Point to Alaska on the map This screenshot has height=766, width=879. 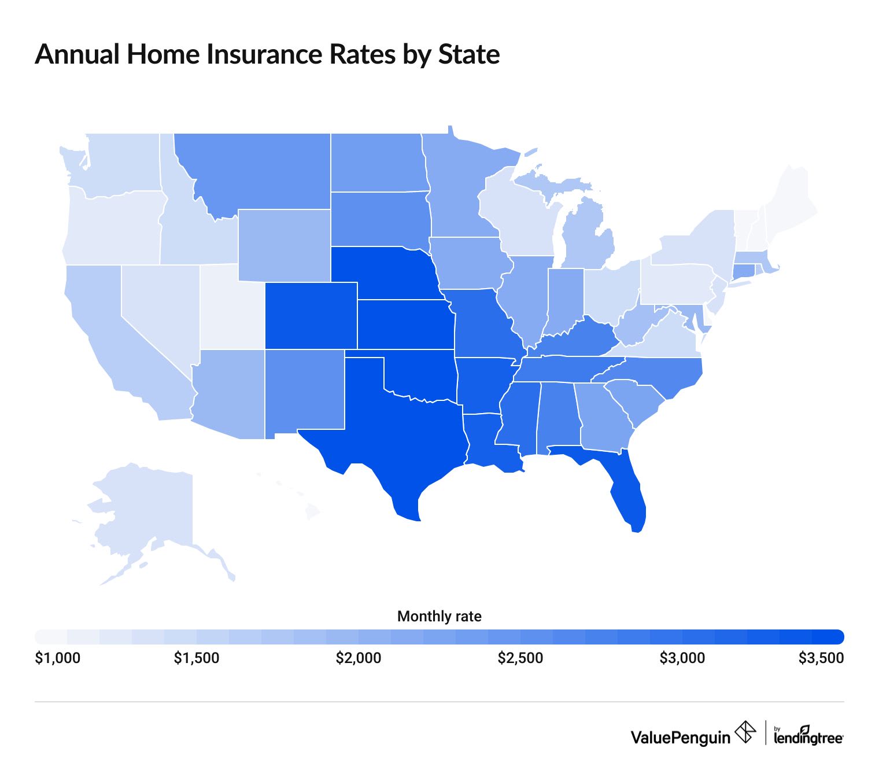(145, 509)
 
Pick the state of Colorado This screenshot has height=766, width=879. (311, 315)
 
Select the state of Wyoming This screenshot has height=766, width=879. (283, 246)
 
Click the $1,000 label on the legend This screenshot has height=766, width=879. (57, 658)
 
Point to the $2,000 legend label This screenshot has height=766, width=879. (358, 658)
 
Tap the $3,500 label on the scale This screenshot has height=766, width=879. (821, 658)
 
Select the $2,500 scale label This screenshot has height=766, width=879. (520, 658)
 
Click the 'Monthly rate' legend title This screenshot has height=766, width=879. (439, 617)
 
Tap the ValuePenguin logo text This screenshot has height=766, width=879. (680, 737)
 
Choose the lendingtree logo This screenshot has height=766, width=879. (808, 736)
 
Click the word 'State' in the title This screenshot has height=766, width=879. (469, 54)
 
